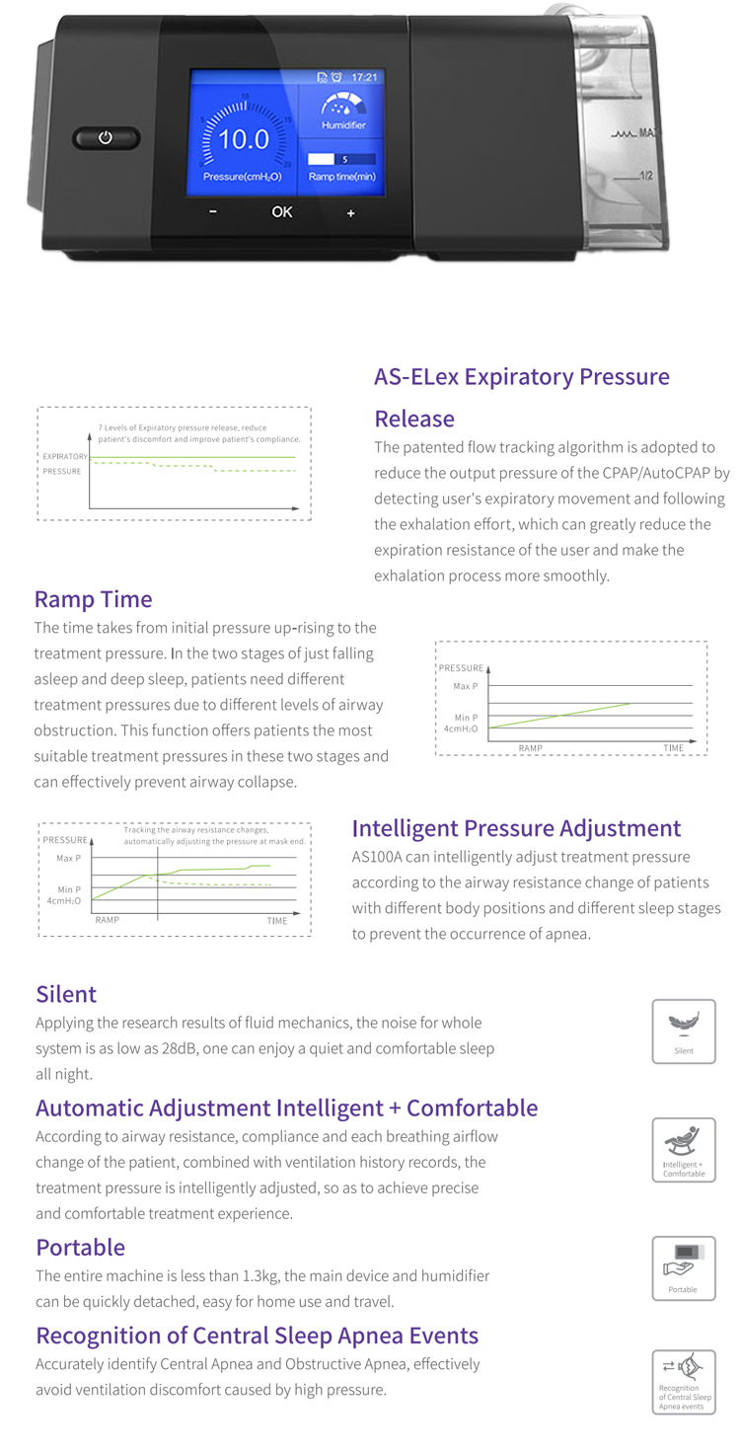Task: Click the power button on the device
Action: pos(106,138)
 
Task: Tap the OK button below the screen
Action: pos(282,211)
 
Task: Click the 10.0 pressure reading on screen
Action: pos(243,139)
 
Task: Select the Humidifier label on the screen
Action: pos(343,125)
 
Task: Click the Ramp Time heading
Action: pos(93,599)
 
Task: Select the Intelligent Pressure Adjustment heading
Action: pos(516,828)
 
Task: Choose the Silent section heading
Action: pos(66,994)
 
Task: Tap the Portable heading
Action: pos(80,1247)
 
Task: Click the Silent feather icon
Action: pos(683,1024)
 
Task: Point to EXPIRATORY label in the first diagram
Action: pos(65,457)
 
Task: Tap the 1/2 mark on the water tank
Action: pos(646,175)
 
